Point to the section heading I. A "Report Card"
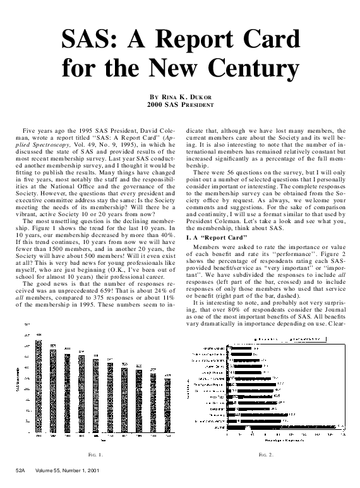click(213, 235)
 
